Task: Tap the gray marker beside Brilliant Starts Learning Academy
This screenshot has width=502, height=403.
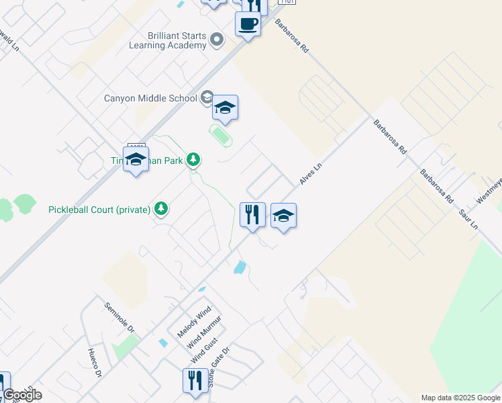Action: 216,40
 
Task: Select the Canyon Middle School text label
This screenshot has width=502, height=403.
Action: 150,98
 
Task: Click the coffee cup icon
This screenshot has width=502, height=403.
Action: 248,24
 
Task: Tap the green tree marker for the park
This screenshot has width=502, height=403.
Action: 193,160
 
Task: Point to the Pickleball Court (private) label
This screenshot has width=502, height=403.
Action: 99,210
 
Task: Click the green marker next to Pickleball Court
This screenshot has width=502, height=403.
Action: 160,209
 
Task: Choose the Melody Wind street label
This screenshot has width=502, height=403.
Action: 194,322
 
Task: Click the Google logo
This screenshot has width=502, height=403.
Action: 21,395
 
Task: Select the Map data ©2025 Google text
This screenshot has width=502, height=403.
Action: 460,398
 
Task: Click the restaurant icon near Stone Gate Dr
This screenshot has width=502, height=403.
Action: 193,380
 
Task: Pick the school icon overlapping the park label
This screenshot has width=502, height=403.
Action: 136,159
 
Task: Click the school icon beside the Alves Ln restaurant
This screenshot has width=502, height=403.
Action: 283,216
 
